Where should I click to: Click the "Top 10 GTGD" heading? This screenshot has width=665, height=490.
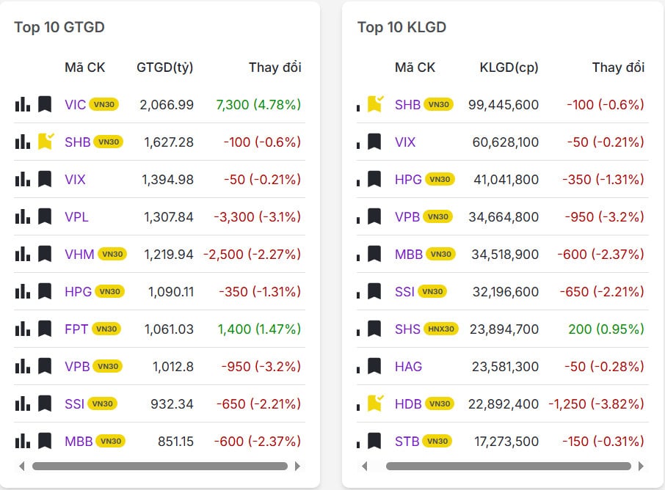pos(59,27)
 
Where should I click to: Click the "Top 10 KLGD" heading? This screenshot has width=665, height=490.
pos(401,27)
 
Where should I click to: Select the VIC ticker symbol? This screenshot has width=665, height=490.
pos(75,104)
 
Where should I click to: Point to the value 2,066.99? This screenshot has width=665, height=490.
pos(167,104)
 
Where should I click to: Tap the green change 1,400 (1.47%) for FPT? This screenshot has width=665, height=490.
pos(258,329)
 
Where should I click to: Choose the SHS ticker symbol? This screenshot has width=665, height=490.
pos(407,329)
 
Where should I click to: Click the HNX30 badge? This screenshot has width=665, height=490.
pos(441,329)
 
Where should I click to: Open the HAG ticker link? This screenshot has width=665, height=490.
pos(408,366)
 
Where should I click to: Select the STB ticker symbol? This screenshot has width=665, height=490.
pos(407,441)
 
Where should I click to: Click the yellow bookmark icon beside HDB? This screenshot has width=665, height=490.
pos(375,403)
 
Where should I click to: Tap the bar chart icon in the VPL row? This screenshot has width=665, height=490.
pos(23,216)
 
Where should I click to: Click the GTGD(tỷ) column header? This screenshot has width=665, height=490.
pos(165,67)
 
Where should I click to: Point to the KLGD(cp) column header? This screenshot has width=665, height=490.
pos(509,67)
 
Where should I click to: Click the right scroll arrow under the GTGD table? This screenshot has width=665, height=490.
pos(297,466)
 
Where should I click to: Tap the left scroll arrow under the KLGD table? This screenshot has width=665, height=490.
pos(365,466)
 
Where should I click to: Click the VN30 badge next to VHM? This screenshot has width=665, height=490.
pos(113,254)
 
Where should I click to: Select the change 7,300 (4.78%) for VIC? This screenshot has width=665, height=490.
pos(258,104)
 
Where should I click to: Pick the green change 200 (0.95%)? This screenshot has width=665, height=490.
pos(606,329)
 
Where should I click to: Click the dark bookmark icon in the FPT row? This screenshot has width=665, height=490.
pos(45,329)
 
